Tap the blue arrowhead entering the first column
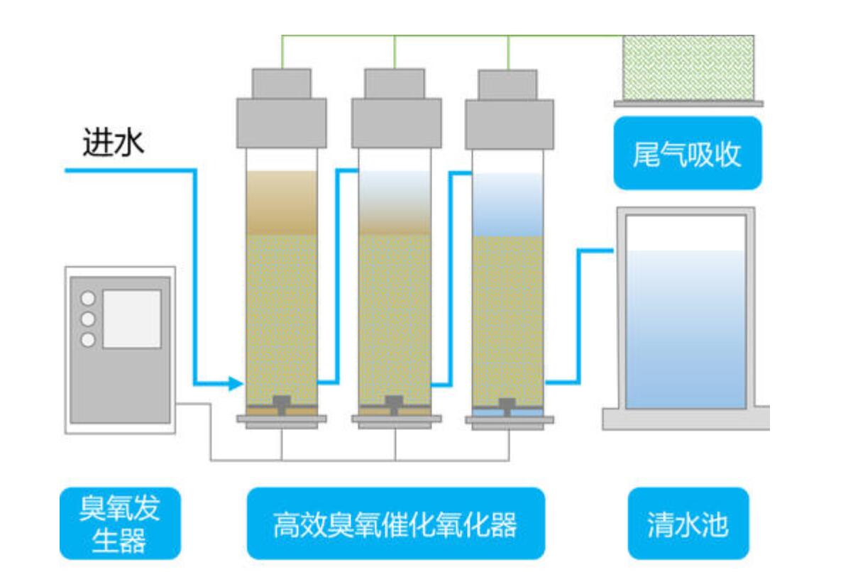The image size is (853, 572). coord(237,384)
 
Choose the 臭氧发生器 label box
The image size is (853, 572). coord(120,523)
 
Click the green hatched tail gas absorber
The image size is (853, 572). coord(688,67)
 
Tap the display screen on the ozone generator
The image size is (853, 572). coord(132,319)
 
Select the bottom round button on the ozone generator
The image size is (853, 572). coord(89,339)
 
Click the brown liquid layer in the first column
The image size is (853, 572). coord(282,202)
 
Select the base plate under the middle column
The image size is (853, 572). coord(395,419)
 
